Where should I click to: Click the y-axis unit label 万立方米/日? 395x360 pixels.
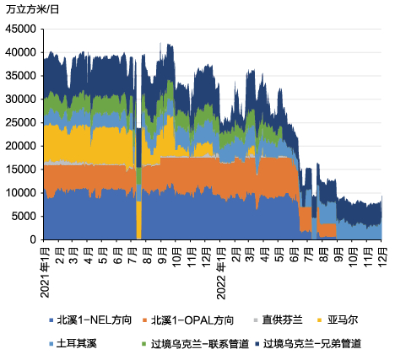coord(31,9)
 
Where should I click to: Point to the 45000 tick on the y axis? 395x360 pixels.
coord(22,28)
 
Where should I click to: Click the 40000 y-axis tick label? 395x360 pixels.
coord(22,51)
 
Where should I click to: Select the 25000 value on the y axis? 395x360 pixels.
coord(22,122)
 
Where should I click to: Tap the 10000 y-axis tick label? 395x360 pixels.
coord(22,193)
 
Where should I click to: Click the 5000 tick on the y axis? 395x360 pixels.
coord(24,217)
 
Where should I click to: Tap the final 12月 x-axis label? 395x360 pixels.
coord(382,255)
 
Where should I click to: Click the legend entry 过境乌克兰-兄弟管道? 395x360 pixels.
coord(312,344)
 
